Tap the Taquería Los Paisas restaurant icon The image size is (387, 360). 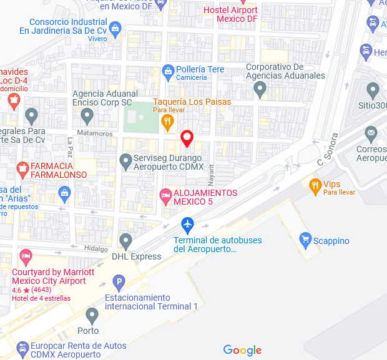coord(167,120)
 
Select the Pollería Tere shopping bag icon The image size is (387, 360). coord(167,71)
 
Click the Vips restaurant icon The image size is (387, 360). coord(315,184)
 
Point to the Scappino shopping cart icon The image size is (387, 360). coord(305,238)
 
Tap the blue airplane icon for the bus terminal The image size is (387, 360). coord(187,224)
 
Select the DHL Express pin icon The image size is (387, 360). coord(126,240)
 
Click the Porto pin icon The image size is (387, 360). coord(92,314)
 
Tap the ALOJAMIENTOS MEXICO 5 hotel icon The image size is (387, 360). coord(165,197)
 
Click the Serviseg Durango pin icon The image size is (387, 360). coord(126,162)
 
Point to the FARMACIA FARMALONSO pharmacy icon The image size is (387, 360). coord(23,167)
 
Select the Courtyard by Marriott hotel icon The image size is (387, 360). coord(26,256)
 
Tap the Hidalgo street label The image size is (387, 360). coord(96,248)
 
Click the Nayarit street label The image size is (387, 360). coord(211,172)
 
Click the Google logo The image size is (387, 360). coord(242,350)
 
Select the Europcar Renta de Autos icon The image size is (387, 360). coord(23,347)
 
